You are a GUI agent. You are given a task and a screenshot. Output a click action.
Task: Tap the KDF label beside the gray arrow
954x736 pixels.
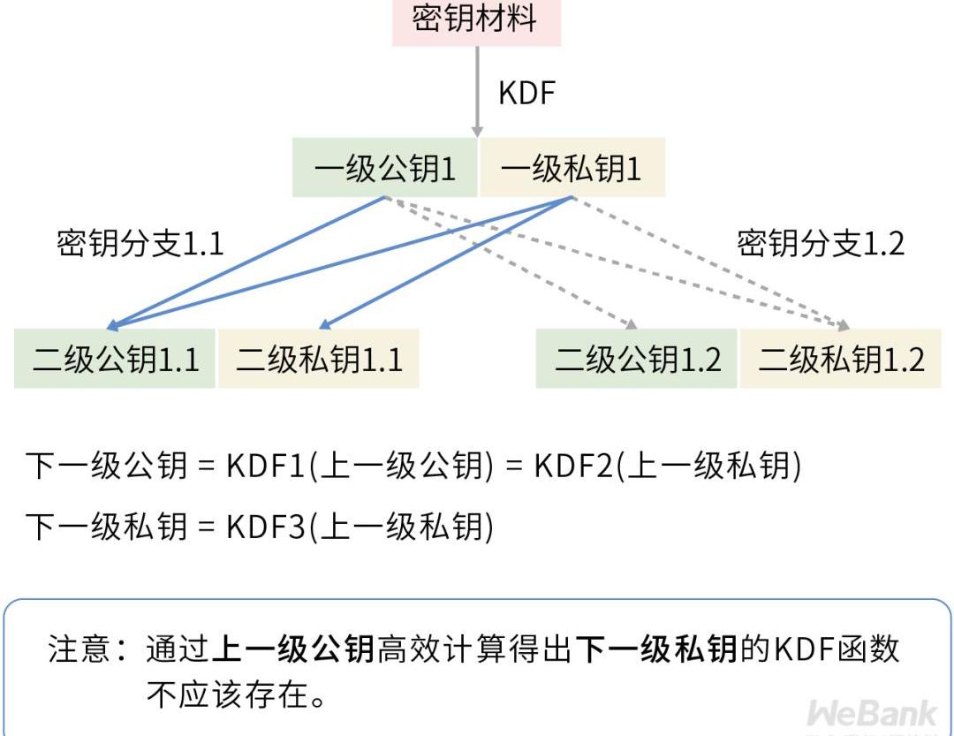[x=527, y=93]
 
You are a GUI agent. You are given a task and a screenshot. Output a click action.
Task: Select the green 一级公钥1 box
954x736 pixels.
[x=385, y=169]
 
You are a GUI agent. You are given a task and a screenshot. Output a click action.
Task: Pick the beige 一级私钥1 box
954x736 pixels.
[x=572, y=169]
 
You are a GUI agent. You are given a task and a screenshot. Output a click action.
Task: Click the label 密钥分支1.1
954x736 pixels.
[x=140, y=244]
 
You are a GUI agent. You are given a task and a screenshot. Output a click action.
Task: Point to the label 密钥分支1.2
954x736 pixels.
[x=821, y=244]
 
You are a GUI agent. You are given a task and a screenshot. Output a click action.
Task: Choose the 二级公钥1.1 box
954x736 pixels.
[x=115, y=360]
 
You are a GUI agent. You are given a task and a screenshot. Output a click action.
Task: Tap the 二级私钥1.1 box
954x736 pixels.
[x=319, y=360]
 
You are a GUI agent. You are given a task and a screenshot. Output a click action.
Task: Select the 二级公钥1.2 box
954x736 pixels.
[x=637, y=360]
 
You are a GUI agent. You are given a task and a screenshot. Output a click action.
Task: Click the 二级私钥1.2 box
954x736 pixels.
[x=841, y=360]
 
